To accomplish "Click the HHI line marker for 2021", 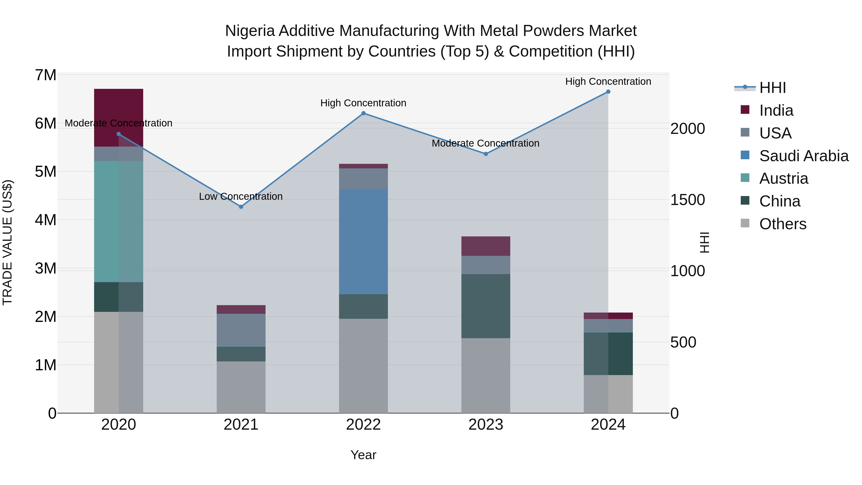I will click(241, 207).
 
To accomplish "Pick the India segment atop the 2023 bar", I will click(486, 246).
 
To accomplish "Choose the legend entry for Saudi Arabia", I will click(803, 156).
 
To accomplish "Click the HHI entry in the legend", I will click(772, 88).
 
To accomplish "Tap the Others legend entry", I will click(782, 224).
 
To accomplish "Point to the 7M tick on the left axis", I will click(45, 75).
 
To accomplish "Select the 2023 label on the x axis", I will click(486, 425).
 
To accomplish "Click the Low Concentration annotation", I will click(241, 196).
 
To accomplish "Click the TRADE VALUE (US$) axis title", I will click(7, 242).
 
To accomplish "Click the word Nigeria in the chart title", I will click(250, 31).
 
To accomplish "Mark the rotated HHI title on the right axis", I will click(704, 242).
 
